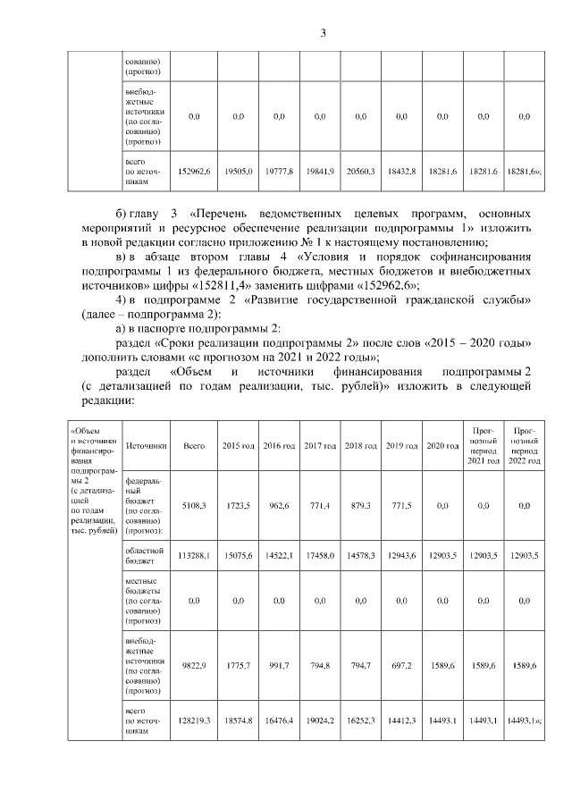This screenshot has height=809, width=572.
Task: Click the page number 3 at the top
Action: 324,33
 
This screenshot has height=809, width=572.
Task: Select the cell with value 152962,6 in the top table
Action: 194,170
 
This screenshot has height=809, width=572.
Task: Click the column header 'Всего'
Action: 194,445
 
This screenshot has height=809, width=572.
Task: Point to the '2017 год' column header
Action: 319,445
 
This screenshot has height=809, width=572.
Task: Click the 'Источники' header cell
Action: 145,445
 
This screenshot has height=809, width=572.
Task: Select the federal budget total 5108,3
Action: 194,505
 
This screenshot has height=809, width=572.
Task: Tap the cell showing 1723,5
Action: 237,505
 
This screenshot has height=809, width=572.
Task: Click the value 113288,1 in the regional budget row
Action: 194,556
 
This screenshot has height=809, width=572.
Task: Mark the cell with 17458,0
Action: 319,556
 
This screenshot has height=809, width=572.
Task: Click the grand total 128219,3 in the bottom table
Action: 194,720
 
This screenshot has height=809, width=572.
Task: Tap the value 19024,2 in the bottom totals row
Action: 319,720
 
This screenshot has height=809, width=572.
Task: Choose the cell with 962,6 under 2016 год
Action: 278,505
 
